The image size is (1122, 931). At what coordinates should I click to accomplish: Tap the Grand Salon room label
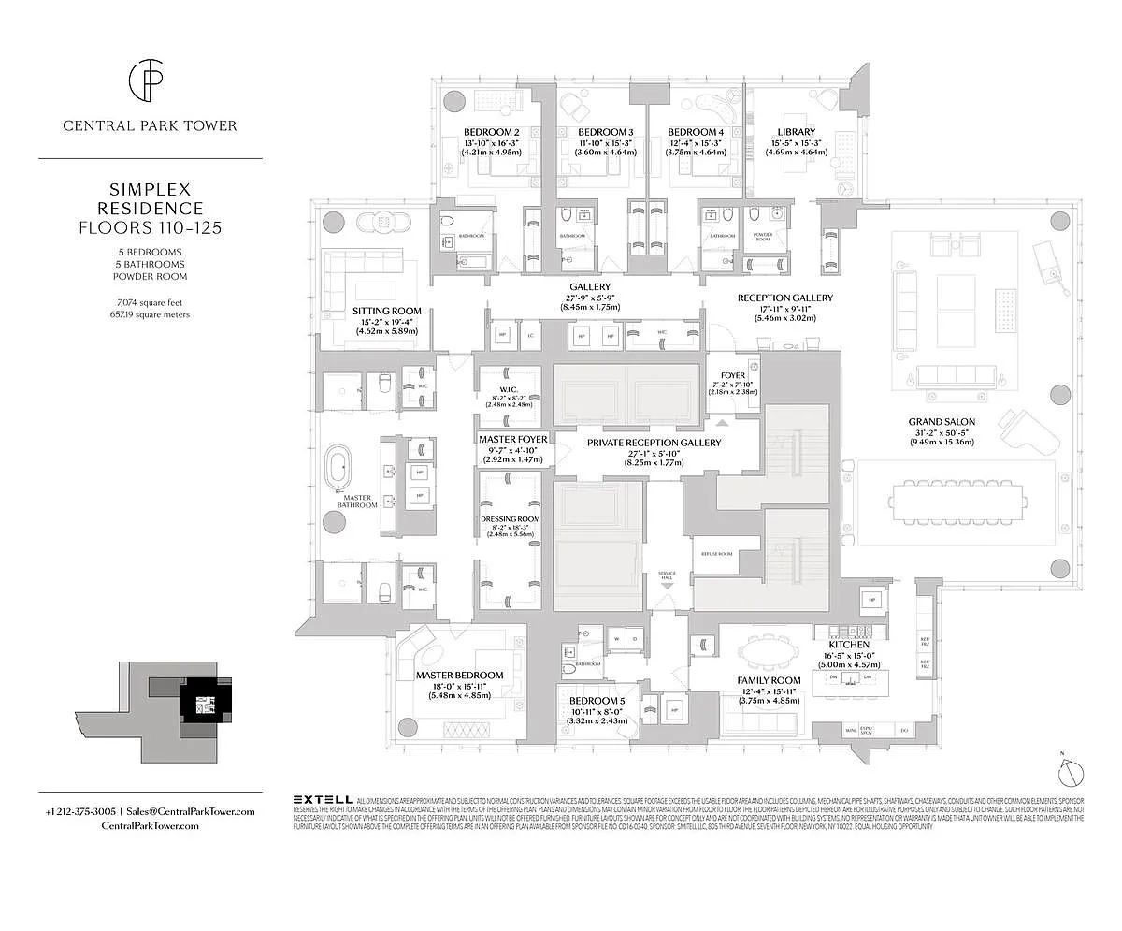(x=942, y=422)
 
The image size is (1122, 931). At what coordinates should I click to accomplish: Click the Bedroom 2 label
(x=491, y=132)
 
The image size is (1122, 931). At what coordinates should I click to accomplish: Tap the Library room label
(x=796, y=132)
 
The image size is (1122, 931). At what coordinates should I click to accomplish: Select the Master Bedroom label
(x=459, y=675)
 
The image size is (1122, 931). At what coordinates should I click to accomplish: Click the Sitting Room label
(x=386, y=311)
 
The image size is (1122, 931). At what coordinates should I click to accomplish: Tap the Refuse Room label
(x=712, y=554)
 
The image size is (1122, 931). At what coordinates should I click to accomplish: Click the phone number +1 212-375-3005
(x=80, y=811)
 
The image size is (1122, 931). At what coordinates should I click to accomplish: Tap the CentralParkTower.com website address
(x=150, y=828)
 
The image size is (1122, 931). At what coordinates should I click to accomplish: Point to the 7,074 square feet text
(x=150, y=302)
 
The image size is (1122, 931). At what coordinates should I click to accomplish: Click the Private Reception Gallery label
(x=654, y=443)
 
